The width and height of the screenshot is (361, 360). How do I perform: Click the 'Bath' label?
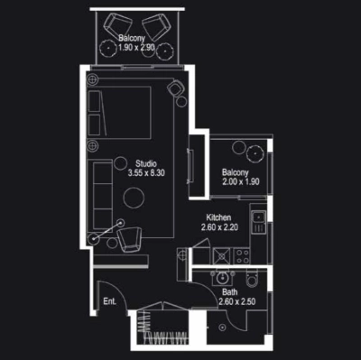coord(230,291)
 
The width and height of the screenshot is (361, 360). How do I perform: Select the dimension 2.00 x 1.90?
coord(242,181)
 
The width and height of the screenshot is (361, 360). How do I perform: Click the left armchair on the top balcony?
coord(117,24)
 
